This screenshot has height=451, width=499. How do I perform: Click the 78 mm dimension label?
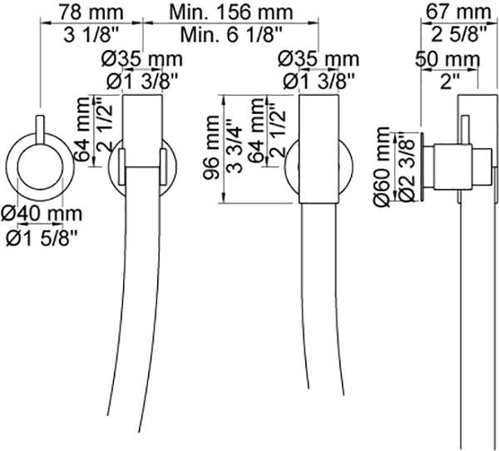[89, 12]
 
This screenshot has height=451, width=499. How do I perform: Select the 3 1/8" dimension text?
[89, 35]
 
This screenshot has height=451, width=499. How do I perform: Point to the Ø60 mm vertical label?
[383, 166]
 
